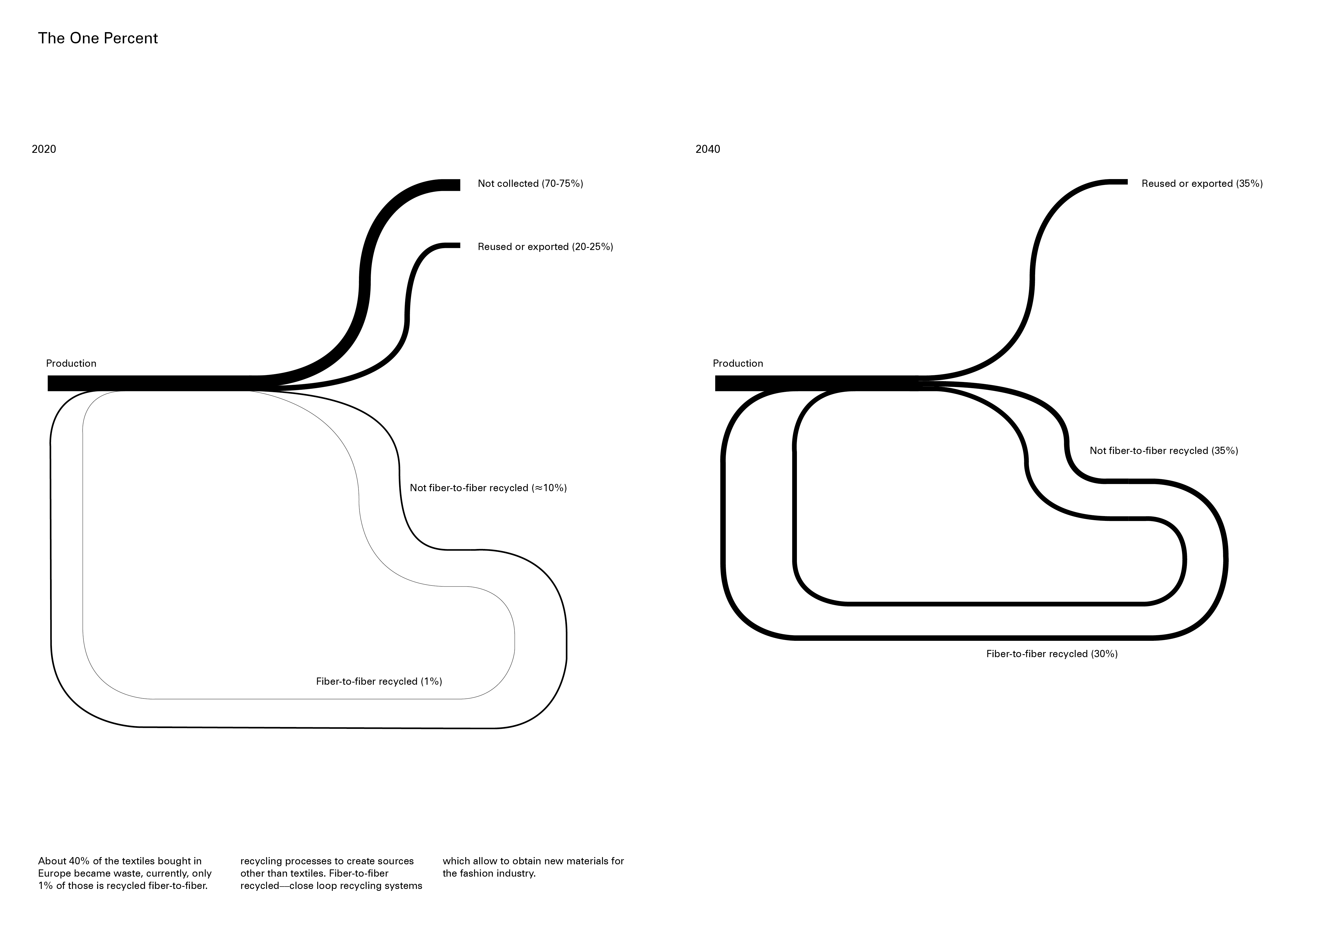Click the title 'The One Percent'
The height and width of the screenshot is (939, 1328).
98,38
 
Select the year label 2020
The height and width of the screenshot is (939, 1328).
44,149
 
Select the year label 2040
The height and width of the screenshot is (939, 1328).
708,149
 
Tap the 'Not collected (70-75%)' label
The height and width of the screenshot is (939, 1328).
530,184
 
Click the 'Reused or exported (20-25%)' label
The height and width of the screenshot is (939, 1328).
545,247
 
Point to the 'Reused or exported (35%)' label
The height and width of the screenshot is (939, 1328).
1202,184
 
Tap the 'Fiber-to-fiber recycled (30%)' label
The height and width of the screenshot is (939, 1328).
1051,654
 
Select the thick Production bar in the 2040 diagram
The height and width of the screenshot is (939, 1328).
810,383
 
